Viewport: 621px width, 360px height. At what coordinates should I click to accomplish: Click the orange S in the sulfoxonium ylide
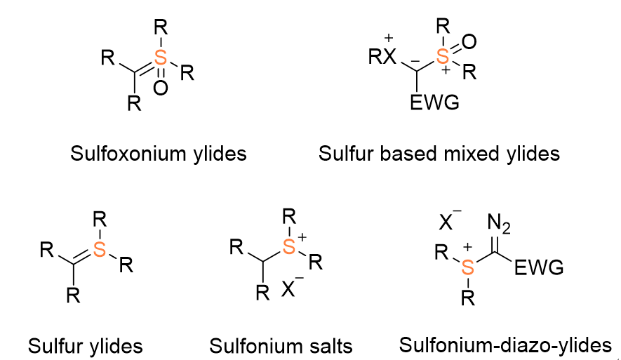coord(161,58)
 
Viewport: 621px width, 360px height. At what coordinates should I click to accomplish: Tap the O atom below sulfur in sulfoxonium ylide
coord(161,88)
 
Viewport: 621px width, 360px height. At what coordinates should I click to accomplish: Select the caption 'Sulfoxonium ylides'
coord(159,154)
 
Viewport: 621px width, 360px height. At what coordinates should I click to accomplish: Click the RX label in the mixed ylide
coord(382,57)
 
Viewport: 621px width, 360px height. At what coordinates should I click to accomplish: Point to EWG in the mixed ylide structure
coord(434,102)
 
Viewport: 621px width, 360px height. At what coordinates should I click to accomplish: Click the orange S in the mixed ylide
coord(442,56)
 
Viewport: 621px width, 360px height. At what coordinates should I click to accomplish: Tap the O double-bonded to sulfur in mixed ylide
coord(469,41)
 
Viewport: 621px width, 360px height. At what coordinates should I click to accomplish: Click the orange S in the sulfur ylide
coord(100,250)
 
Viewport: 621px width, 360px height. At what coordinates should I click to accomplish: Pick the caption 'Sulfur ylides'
coord(85,346)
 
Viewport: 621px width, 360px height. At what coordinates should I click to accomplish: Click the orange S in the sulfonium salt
coord(289,247)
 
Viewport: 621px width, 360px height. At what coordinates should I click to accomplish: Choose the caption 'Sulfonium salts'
coord(281,346)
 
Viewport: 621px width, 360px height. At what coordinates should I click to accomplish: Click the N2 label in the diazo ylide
coord(499,223)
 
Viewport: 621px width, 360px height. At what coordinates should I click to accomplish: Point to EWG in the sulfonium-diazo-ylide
coord(539,268)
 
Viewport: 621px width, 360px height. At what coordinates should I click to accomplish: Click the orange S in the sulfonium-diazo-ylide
coord(468,267)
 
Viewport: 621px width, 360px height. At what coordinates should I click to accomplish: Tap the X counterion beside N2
coord(446,222)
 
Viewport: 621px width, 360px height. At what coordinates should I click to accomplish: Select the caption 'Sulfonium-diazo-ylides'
coord(505,345)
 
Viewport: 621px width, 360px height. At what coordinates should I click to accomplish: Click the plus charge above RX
coord(389,38)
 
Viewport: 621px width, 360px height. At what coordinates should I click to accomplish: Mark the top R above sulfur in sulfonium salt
coord(289,217)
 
